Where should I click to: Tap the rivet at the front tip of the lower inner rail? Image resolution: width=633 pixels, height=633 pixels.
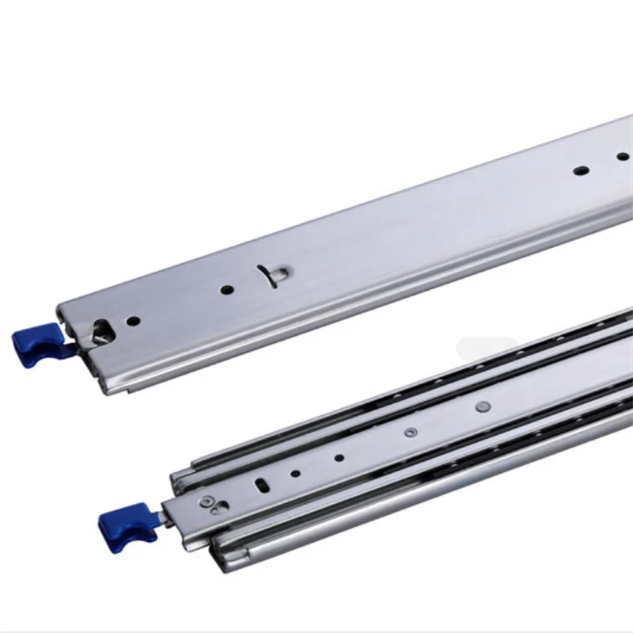coord(207,500)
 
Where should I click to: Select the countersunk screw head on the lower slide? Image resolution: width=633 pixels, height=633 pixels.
coord(410,432)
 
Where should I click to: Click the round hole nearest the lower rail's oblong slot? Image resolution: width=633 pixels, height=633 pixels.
coord(295,473)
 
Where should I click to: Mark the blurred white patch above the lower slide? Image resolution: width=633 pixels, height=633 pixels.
coord(491,348)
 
